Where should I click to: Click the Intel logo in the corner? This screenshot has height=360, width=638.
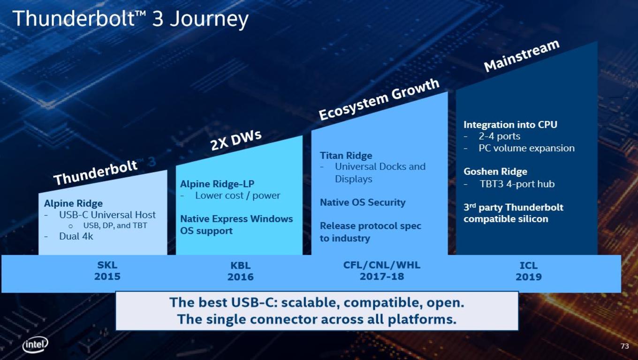(x=35, y=345)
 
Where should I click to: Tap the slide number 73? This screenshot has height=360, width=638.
(x=624, y=346)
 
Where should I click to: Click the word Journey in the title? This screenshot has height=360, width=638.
(x=209, y=19)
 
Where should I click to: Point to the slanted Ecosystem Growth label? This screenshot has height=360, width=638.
(x=379, y=99)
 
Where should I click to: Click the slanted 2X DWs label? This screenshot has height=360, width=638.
(x=236, y=140)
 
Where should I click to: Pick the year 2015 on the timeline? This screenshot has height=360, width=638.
(x=107, y=277)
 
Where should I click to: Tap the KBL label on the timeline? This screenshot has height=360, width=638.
(x=240, y=265)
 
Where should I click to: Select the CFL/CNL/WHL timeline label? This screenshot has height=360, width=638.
(x=382, y=265)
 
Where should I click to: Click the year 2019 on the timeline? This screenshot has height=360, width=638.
(x=529, y=277)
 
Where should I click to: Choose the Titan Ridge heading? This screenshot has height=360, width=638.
(x=346, y=155)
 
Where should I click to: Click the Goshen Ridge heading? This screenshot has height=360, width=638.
(x=495, y=172)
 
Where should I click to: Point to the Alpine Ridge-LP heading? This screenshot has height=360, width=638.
(x=217, y=184)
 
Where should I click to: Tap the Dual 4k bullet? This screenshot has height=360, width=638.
(x=76, y=236)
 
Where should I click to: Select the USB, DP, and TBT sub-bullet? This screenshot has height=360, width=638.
(x=115, y=225)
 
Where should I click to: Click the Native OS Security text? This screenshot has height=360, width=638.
(x=363, y=202)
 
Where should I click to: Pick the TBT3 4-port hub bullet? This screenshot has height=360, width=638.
(x=517, y=184)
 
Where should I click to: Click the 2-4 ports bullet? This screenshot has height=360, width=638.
(x=499, y=136)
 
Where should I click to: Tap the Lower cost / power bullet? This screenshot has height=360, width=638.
(x=237, y=195)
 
